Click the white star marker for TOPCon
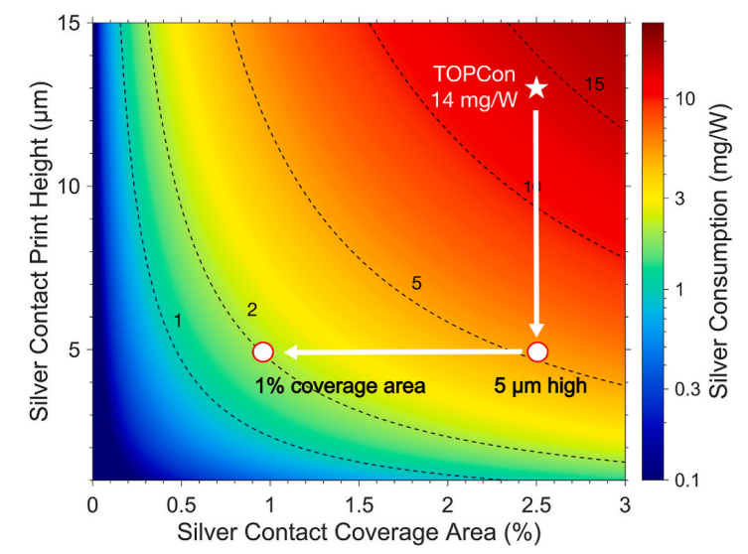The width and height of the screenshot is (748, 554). [536, 88]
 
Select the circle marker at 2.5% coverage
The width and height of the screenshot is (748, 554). [537, 351]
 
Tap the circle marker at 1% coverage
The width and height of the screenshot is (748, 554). [262, 351]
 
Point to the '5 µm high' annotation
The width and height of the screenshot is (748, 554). [540, 387]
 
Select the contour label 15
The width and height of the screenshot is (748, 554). [594, 83]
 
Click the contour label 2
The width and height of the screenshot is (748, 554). [252, 310]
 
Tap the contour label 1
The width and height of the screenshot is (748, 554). [178, 321]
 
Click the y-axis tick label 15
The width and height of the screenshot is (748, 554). [70, 23]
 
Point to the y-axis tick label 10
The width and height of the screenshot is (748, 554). [70, 187]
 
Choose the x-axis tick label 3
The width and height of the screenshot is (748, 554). [625, 502]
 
